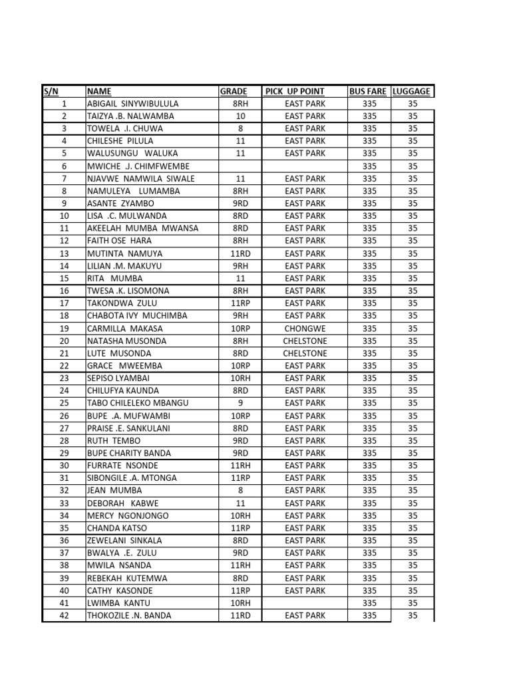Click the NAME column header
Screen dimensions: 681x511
[100, 91]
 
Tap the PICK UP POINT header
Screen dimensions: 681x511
[295, 91]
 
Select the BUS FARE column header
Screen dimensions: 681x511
[368, 91]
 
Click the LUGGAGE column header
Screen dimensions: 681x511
[412, 91]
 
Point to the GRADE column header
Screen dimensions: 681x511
[234, 91]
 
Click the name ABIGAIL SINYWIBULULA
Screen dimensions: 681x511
[133, 104]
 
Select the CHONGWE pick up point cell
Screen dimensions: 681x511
[305, 329]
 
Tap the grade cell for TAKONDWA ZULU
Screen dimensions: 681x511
[240, 303]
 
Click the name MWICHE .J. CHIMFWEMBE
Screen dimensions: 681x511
[138, 166]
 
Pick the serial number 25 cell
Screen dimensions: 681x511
[64, 403]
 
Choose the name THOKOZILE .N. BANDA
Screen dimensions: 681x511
[129, 615]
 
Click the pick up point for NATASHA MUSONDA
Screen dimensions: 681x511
[305, 340]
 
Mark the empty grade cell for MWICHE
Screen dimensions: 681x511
[240, 166]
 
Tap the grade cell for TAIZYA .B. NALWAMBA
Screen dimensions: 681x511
[240, 116]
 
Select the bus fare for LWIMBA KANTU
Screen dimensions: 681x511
[369, 603]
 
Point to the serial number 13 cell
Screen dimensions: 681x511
[64, 253]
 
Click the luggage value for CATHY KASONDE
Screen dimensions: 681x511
[413, 591]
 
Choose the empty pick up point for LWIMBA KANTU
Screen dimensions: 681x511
[305, 603]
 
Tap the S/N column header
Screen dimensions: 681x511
[51, 91]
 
